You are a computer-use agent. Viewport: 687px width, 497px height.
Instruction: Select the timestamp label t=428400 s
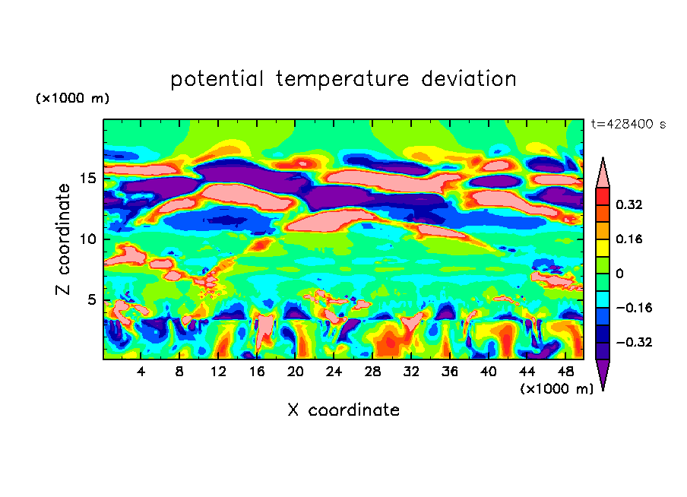[628, 124]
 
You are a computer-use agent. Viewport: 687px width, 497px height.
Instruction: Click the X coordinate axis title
[343, 410]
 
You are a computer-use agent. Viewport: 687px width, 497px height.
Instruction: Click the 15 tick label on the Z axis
[89, 179]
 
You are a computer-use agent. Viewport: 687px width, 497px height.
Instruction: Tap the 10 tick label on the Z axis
[89, 239]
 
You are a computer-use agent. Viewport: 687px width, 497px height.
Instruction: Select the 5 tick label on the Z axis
[93, 299]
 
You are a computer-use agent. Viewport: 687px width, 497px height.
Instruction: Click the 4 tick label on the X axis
[141, 372]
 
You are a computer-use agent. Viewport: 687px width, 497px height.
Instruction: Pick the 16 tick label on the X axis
[257, 372]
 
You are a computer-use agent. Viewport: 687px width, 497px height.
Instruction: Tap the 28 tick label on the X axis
[372, 372]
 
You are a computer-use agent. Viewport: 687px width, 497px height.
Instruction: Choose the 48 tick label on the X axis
[565, 372]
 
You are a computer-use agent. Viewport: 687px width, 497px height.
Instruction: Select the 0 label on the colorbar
[619, 274]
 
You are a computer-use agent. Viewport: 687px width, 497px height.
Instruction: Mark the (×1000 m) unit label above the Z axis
[73, 99]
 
